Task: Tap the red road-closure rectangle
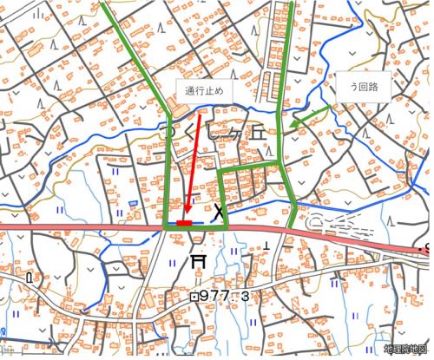[x=184, y=224]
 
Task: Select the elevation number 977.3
[x=226, y=297]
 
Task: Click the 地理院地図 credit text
[x=407, y=349]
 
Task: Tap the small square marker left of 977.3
[x=194, y=296]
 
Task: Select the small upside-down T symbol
[x=266, y=246]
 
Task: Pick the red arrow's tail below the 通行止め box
[x=201, y=113]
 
